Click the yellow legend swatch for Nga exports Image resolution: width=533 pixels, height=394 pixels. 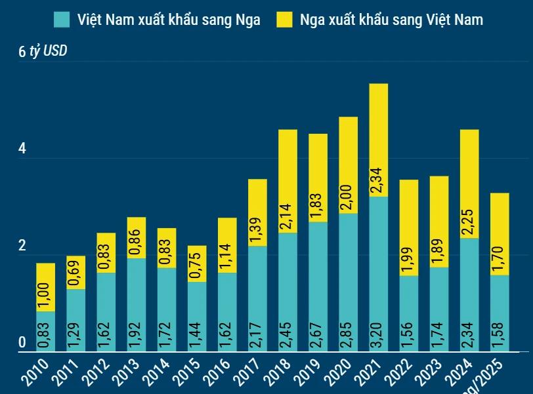284,20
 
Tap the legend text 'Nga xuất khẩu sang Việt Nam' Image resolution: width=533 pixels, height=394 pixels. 391,20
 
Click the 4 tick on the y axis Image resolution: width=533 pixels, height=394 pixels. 22,149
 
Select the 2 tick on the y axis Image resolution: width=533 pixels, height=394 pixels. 22,246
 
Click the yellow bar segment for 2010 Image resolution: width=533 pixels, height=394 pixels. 45,287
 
